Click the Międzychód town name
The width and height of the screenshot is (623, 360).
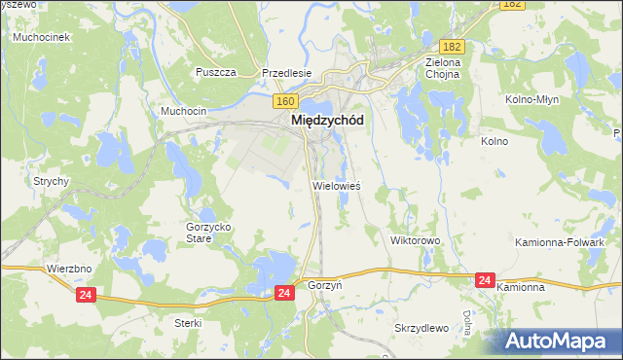327,121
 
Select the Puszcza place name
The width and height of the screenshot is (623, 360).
216,73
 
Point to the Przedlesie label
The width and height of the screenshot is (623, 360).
286,73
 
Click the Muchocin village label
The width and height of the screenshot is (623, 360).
184,111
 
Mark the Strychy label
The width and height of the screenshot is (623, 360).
51,181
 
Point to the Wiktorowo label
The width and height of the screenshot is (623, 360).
416,239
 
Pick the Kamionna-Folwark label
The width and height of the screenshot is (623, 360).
573,241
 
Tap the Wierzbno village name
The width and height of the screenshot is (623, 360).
68,267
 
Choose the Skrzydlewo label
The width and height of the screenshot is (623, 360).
421,328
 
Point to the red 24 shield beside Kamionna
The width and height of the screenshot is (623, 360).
485,280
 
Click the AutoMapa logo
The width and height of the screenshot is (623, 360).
560,342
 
